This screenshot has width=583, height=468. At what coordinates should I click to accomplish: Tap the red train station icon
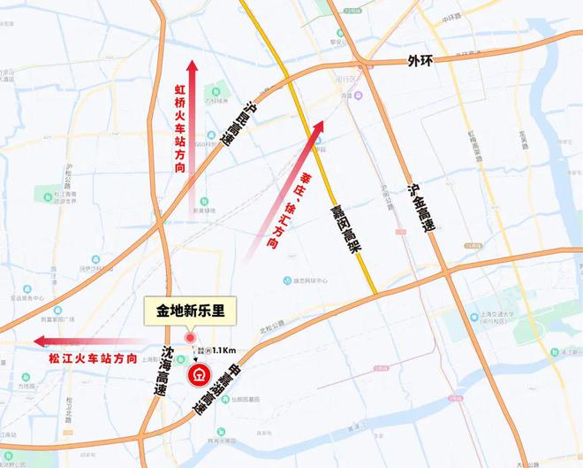click(201, 374)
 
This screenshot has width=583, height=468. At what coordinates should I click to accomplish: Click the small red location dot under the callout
click(190, 337)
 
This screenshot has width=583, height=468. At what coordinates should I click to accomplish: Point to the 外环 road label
click(422, 61)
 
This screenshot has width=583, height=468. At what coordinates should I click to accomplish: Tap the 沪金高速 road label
click(421, 209)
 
